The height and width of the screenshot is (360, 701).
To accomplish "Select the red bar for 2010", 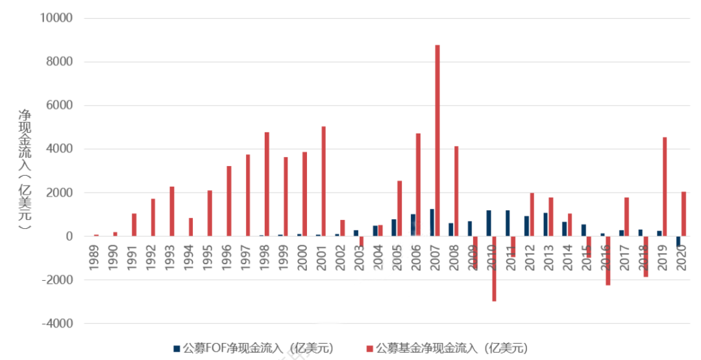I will (x=494, y=269).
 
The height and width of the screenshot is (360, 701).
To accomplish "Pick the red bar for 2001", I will (x=323, y=182).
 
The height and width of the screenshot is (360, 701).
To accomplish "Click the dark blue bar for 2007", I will (x=432, y=222).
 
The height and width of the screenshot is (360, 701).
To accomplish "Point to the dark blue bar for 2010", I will (x=488, y=223).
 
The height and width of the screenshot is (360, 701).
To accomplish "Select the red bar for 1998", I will (x=267, y=184).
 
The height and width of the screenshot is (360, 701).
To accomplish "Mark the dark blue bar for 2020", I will (x=678, y=241).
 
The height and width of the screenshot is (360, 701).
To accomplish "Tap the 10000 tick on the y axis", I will (x=58, y=18).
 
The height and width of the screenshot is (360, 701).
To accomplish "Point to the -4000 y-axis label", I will (x=58, y=323).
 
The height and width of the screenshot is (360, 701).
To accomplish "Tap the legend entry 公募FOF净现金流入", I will (x=253, y=348).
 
